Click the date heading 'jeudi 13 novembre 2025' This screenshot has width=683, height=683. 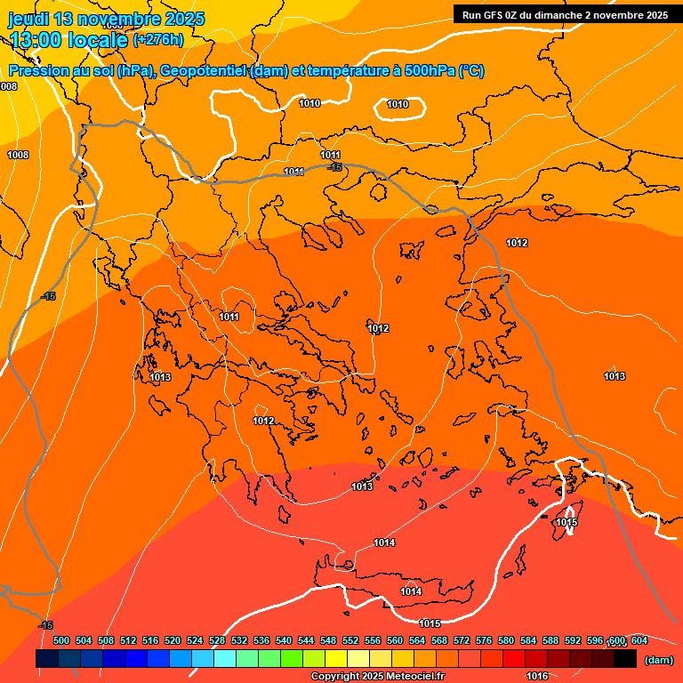point(106,19)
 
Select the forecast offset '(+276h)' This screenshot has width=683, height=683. point(157,39)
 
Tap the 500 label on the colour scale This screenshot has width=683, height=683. point(61,640)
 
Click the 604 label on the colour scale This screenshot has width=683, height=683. point(639,640)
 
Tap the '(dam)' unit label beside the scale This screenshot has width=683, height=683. point(658,659)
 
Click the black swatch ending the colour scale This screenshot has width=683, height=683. point(625,658)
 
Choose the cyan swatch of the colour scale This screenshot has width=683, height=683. point(225,658)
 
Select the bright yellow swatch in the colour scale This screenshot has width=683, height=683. point(336,658)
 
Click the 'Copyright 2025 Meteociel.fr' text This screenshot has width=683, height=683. point(378,676)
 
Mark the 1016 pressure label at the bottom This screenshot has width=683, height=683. point(536,676)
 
